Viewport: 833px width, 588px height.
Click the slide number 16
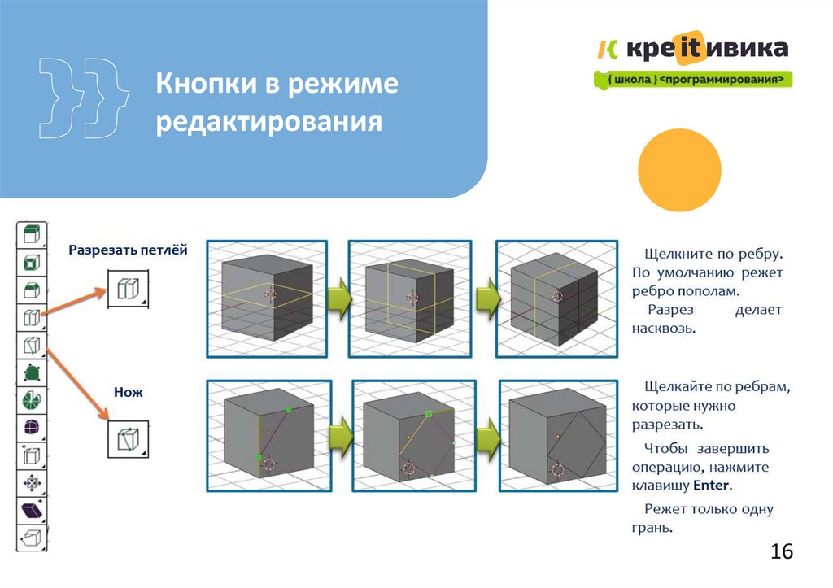point(781,551)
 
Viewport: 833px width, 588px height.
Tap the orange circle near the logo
point(679,171)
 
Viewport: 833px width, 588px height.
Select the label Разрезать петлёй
point(128,250)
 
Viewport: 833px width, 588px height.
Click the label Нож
point(128,392)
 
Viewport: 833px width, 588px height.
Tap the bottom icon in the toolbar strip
point(32,538)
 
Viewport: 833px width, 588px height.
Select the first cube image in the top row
point(266,298)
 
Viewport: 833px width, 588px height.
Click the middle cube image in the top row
point(410,298)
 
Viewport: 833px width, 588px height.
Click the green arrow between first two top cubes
point(338,301)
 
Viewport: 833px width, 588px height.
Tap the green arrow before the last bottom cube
point(486,439)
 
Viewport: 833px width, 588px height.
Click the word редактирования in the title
point(269,122)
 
